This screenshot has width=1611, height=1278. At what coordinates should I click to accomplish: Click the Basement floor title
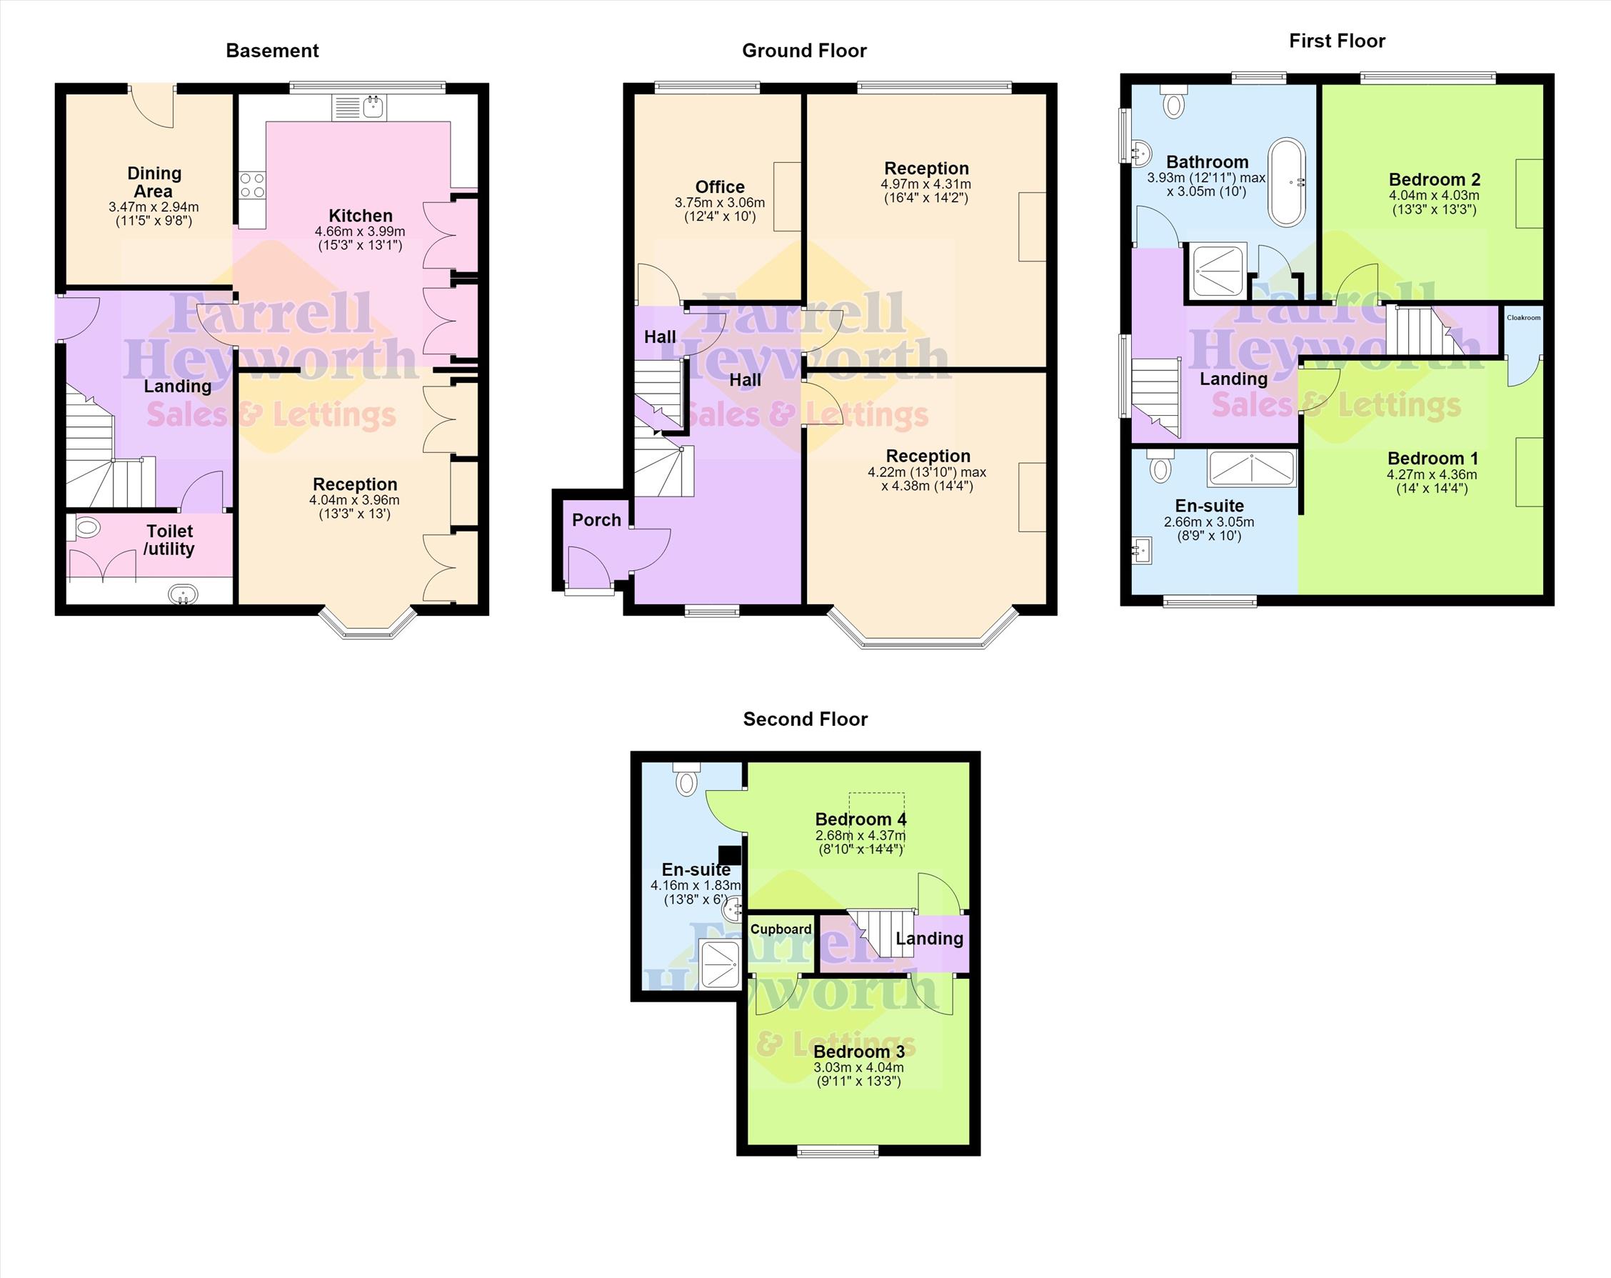click(272, 51)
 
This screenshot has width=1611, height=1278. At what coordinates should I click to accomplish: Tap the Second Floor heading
click(805, 719)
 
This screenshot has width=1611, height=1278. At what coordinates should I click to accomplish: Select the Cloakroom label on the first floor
click(1524, 318)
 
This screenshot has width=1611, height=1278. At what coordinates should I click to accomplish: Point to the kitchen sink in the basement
click(358, 108)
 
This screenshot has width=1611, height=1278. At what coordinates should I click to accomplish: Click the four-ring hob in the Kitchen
click(253, 185)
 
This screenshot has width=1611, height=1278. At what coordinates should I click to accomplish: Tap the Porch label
click(596, 520)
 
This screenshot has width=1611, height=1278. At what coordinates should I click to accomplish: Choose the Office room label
click(720, 187)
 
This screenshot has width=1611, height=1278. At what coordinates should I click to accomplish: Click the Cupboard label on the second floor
click(781, 929)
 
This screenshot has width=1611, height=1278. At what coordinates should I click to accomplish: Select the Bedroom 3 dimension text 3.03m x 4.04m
click(858, 1067)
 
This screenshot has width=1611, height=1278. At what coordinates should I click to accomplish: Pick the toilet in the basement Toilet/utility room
click(84, 529)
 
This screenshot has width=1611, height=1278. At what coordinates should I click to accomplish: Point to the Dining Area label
click(154, 181)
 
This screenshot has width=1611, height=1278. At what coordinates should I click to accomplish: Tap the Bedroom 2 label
click(1434, 179)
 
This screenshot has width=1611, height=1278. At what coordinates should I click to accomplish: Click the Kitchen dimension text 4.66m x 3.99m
click(360, 231)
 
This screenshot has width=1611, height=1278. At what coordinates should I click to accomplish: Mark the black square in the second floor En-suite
click(729, 855)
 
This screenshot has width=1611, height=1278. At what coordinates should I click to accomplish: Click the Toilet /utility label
click(170, 540)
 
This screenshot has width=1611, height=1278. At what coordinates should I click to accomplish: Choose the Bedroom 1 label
click(1432, 458)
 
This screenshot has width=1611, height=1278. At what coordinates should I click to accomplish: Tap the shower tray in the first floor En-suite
click(1252, 469)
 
